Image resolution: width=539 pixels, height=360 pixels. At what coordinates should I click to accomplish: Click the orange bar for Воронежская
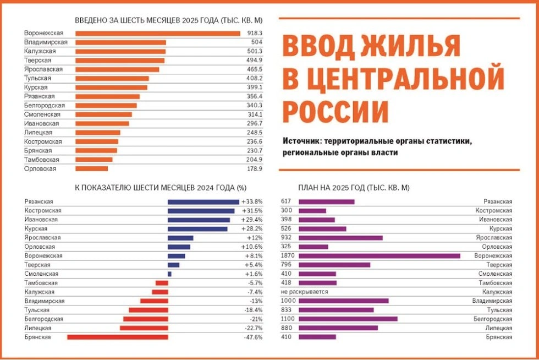pyautogui.click(x=157, y=34)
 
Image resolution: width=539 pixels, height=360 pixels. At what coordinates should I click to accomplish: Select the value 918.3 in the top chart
pyautogui.click(x=255, y=34)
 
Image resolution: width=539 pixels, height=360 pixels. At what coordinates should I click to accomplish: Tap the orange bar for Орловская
pyautogui.click(x=91, y=169)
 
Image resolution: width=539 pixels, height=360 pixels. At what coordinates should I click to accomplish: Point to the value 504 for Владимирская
pyautogui.click(x=257, y=42)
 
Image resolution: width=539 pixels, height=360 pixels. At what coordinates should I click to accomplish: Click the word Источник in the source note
pyautogui.click(x=301, y=141)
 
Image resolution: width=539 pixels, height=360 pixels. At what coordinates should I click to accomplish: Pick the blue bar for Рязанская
pyautogui.click(x=203, y=202)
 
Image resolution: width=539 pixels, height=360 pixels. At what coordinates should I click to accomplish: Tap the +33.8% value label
pyautogui.click(x=252, y=202)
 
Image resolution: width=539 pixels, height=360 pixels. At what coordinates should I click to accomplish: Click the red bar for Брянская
pyautogui.click(x=117, y=337)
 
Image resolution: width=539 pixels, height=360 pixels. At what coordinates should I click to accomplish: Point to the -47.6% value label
pyautogui.click(x=253, y=337)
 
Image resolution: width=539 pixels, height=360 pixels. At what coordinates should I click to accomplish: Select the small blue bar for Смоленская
pyautogui.click(x=169, y=274)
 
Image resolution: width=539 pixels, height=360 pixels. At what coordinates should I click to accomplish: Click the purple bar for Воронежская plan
pyautogui.click(x=379, y=256)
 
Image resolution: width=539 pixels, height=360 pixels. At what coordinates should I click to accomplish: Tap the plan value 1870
pyautogui.click(x=288, y=256)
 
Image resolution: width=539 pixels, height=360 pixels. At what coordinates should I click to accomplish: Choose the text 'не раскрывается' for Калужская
pyautogui.click(x=304, y=292)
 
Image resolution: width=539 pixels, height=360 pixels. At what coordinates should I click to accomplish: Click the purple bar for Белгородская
pyautogui.click(x=348, y=319)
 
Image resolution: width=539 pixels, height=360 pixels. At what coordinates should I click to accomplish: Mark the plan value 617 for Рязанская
pyautogui.click(x=285, y=202)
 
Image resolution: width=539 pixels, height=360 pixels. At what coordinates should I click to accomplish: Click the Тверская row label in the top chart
pyautogui.click(x=38, y=61)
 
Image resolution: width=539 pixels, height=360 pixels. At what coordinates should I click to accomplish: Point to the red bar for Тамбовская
pyautogui.click(x=162, y=283)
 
